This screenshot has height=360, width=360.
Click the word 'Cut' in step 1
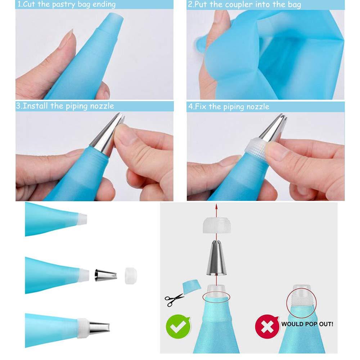coord(31,5)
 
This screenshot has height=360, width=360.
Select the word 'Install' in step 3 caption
coord(36,106)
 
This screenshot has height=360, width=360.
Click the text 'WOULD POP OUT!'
coord(307,324)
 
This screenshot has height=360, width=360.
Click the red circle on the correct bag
coord(216,297)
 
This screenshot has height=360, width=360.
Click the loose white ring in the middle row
coord(130,276)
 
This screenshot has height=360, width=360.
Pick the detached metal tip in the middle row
coord(105,276)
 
